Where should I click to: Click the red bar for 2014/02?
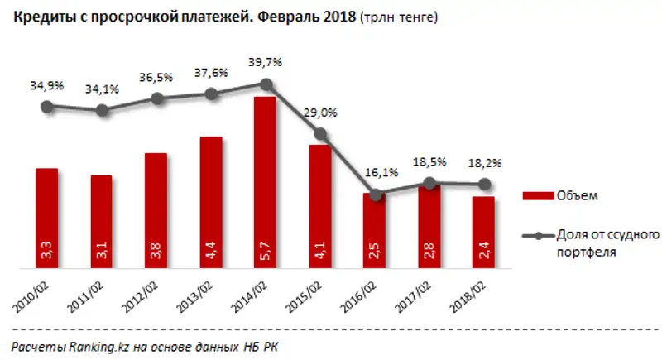(265, 182)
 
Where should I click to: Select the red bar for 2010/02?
(47, 218)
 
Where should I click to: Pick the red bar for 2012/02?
(156, 211)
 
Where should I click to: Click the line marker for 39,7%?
(266, 84)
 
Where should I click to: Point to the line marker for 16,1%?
(376, 194)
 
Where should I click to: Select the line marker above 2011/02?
(102, 109)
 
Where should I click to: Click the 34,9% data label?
(46, 86)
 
